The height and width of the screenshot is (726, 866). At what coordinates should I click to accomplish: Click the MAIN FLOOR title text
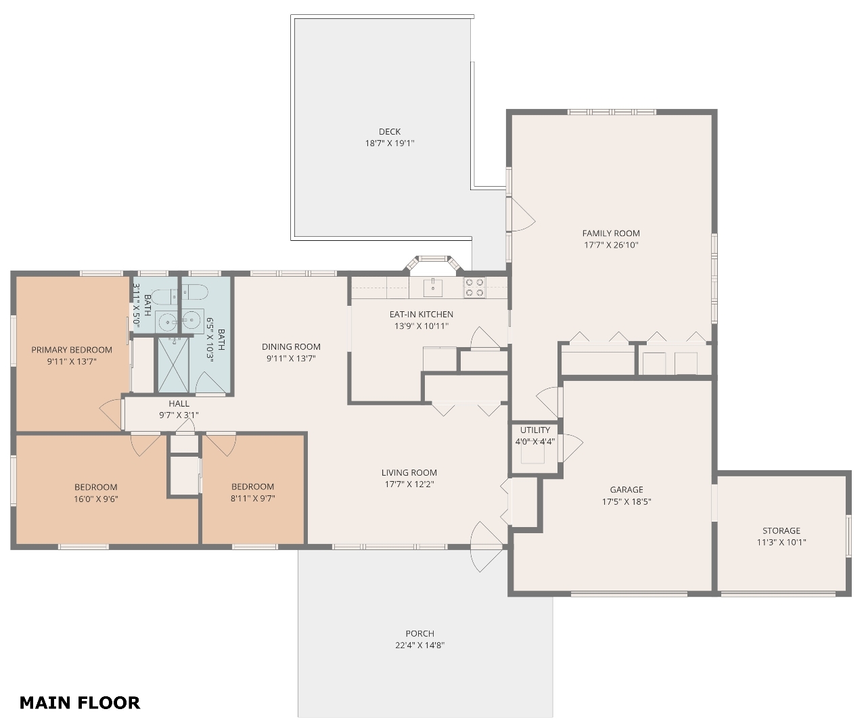(x=80, y=703)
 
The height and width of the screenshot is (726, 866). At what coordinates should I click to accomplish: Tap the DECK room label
(x=390, y=131)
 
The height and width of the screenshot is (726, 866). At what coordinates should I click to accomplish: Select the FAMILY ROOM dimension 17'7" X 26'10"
(x=611, y=245)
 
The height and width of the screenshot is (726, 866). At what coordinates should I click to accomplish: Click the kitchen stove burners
(x=474, y=288)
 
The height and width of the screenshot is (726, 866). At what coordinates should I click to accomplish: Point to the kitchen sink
(x=432, y=288)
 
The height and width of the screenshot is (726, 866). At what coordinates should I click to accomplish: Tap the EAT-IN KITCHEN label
(x=421, y=315)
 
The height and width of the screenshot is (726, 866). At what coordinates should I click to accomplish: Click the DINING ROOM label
(x=291, y=347)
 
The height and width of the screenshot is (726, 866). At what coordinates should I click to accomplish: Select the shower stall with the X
(x=173, y=365)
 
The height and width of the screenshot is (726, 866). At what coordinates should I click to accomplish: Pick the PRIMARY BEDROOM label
(x=72, y=350)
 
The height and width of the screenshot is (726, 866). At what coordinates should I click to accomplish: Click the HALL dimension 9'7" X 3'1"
(x=179, y=415)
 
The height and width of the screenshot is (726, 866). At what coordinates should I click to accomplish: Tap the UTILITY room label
(x=535, y=430)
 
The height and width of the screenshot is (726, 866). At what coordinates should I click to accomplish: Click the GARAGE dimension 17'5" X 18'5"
(x=626, y=501)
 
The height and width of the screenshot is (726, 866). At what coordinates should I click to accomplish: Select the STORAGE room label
(x=781, y=530)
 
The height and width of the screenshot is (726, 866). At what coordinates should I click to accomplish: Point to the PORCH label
(x=419, y=633)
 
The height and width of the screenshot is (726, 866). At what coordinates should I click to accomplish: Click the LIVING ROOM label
(x=409, y=472)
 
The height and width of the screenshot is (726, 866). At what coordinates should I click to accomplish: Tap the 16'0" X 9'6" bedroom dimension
(x=96, y=499)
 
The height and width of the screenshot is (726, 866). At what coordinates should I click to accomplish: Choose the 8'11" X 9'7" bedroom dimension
(x=252, y=498)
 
